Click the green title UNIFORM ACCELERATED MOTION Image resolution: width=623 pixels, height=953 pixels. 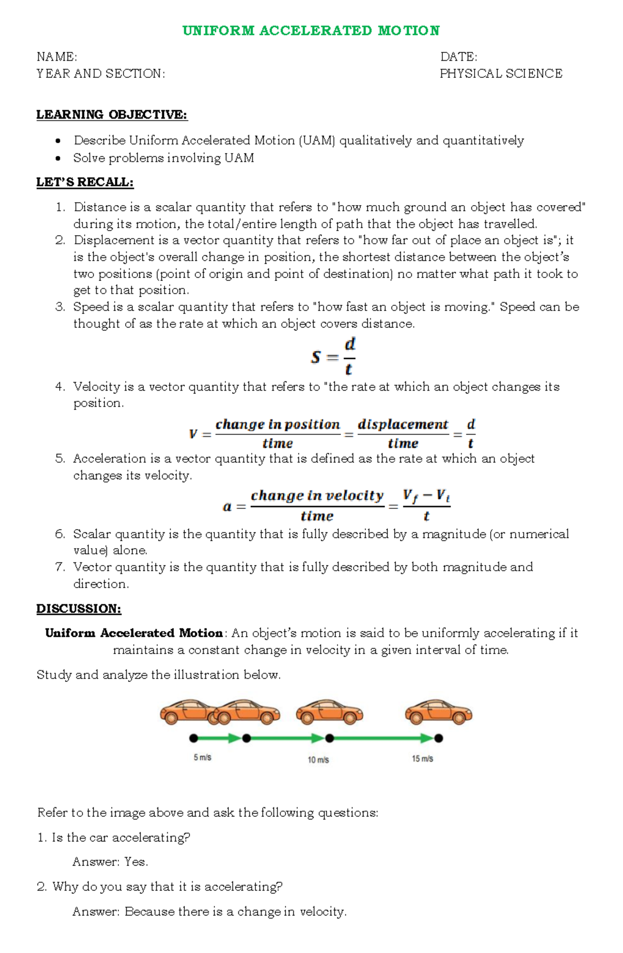(x=311, y=31)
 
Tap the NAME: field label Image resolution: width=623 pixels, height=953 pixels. (x=57, y=57)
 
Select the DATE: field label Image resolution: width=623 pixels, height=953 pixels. (x=458, y=57)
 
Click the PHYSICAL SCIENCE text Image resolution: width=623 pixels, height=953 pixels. (x=501, y=74)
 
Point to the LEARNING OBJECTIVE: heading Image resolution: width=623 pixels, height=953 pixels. (x=112, y=115)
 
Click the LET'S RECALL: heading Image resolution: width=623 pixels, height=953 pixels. (x=85, y=182)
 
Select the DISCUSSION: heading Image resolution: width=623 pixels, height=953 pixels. (x=78, y=609)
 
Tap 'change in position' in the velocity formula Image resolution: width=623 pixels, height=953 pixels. (x=278, y=425)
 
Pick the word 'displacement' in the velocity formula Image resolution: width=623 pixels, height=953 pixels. (x=403, y=425)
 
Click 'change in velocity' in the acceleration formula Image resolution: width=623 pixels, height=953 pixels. (x=317, y=496)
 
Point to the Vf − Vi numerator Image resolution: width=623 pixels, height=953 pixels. (x=426, y=496)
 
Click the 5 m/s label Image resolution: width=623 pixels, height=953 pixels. (x=202, y=758)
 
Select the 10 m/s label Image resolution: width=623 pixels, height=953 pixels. (x=318, y=760)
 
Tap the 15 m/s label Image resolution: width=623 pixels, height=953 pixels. (x=423, y=759)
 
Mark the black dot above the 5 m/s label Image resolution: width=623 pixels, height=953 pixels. (x=194, y=738)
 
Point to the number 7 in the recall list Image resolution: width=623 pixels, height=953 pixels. (x=60, y=567)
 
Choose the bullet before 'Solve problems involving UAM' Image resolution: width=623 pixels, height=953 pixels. (x=59, y=158)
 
